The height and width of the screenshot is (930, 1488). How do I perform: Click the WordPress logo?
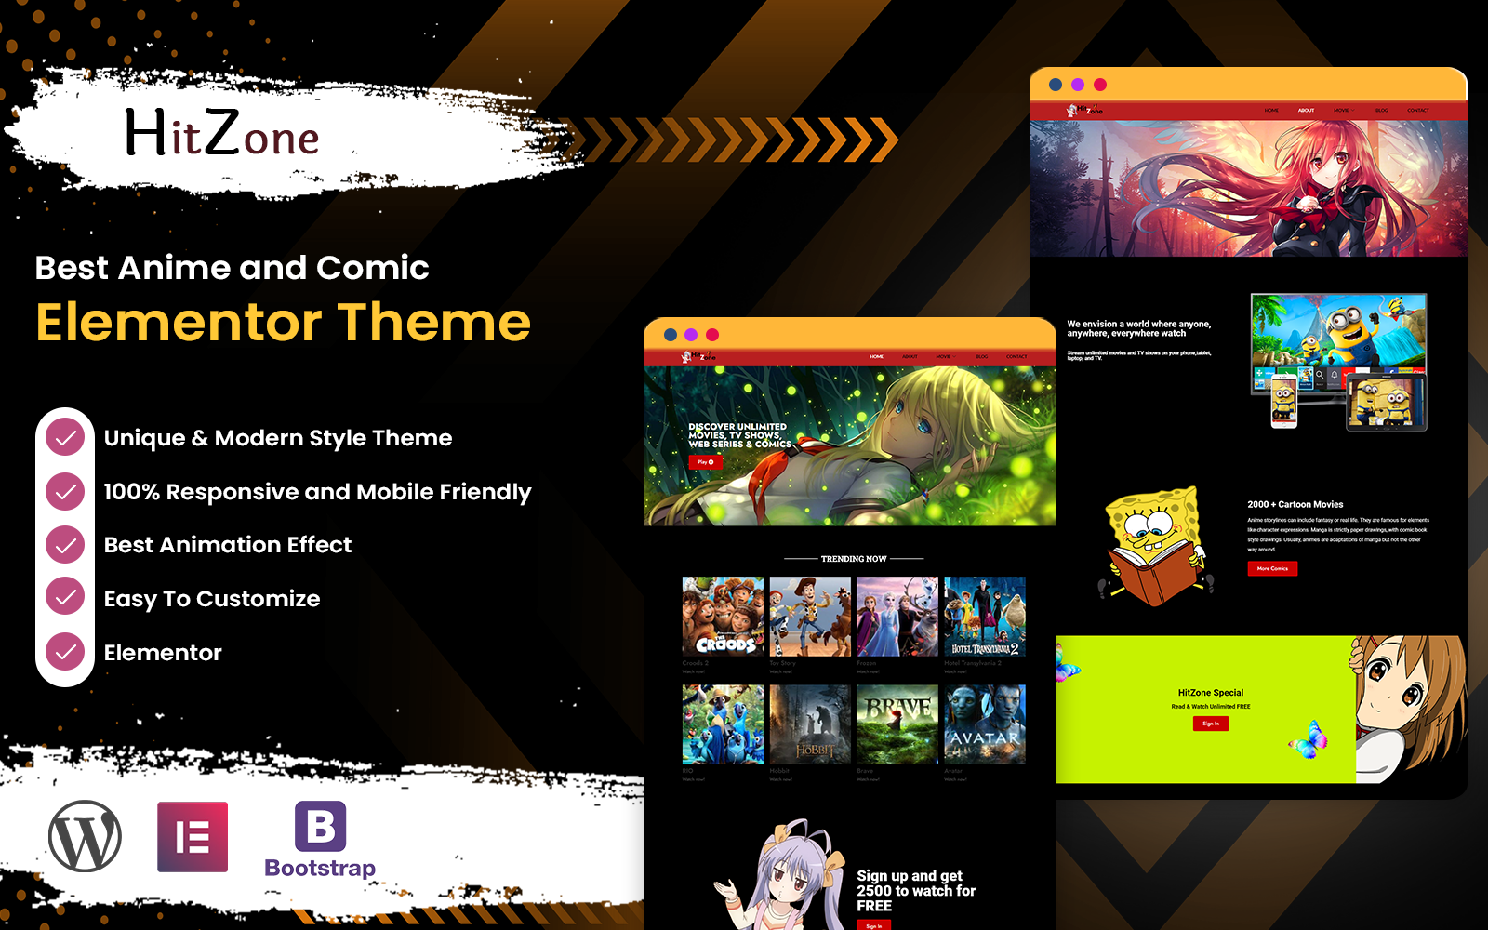tap(85, 836)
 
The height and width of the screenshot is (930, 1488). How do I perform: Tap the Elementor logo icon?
tap(193, 836)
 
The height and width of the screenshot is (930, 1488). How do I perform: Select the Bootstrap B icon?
tap(320, 826)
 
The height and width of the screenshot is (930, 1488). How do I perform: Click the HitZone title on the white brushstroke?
tap(222, 135)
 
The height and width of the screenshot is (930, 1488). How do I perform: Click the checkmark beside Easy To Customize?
tap(65, 598)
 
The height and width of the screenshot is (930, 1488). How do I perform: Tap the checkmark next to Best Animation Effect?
tap(65, 544)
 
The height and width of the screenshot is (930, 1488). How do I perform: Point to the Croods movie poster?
tap(723, 616)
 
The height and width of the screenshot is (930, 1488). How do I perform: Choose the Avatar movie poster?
tap(984, 724)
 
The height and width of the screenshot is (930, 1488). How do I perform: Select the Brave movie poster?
tap(897, 724)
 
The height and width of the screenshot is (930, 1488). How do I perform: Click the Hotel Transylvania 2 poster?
tap(984, 616)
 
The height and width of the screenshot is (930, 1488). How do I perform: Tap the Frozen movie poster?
tap(897, 616)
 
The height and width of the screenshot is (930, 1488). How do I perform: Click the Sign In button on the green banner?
tap(1210, 724)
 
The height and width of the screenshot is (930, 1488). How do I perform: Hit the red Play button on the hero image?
tap(705, 462)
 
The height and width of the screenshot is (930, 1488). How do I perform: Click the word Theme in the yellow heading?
tap(434, 322)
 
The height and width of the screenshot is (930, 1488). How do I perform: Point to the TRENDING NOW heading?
tap(854, 559)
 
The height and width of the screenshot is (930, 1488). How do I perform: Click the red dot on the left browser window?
tap(712, 335)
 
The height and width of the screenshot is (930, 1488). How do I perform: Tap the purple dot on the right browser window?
tap(1078, 85)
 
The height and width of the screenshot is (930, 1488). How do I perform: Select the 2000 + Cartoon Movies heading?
tap(1295, 504)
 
